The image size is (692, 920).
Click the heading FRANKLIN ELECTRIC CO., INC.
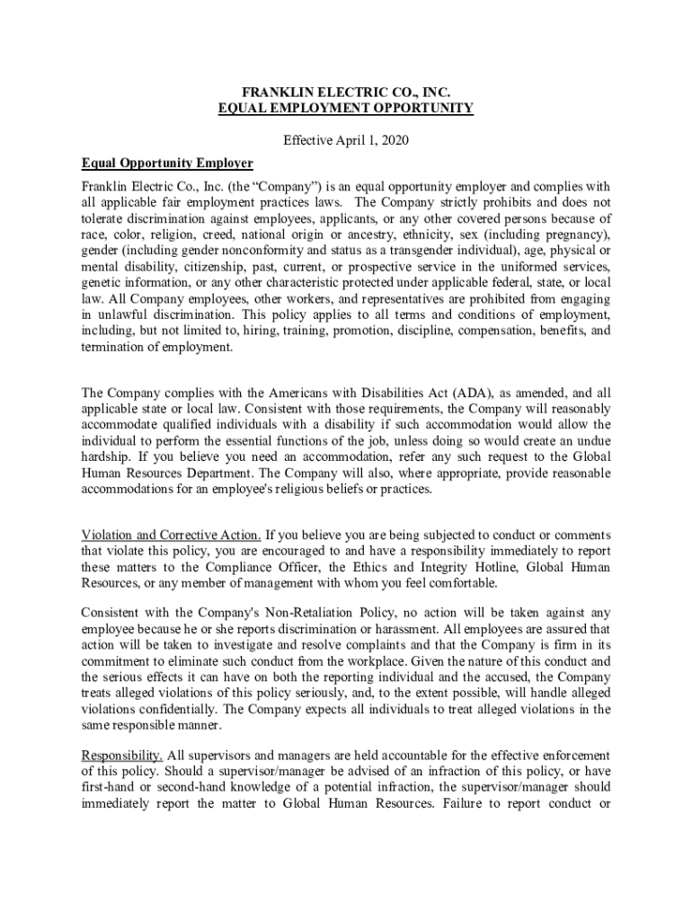(x=346, y=92)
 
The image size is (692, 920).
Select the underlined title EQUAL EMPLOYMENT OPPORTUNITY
(x=346, y=109)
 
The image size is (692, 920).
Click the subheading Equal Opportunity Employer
(x=167, y=164)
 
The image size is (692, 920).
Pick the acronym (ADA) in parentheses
(x=472, y=393)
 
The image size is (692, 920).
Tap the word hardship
(x=106, y=457)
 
